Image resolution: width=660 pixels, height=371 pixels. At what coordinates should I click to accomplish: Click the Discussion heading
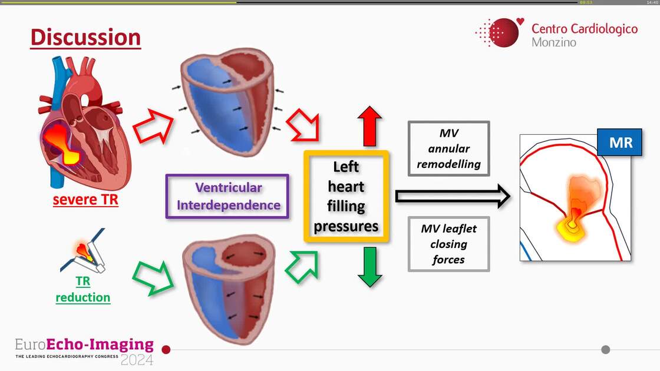[85, 37]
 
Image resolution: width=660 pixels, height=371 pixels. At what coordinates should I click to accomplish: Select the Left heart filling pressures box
[346, 196]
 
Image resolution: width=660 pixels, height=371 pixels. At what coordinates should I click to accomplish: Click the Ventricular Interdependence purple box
[228, 197]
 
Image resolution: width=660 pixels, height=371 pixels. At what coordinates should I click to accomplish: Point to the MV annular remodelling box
[448, 149]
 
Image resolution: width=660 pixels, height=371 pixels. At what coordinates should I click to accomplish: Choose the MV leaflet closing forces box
[448, 244]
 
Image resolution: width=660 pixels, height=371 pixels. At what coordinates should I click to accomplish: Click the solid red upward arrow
[369, 126]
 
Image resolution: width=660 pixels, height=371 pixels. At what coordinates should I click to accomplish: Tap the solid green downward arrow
[369, 266]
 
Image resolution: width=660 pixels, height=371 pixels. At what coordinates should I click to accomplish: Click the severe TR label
[85, 200]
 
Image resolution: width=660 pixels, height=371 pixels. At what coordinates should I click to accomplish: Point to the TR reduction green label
[83, 289]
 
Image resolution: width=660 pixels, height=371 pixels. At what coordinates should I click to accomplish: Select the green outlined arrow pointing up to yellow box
[302, 266]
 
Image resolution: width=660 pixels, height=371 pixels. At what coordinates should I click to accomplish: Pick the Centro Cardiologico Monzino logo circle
[502, 32]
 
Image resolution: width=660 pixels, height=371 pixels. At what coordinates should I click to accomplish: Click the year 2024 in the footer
[137, 359]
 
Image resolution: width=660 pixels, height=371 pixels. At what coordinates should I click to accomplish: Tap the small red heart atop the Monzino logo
[520, 22]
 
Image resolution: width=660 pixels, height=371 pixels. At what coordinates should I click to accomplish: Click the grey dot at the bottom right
[605, 349]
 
